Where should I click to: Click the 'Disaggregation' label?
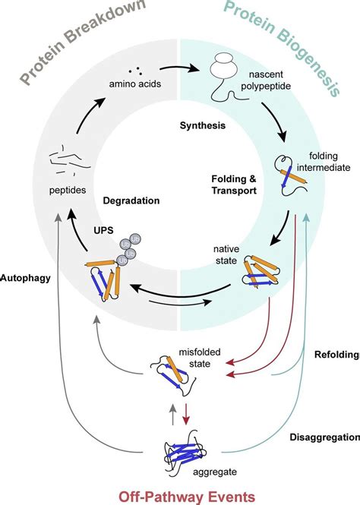click(324, 437)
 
